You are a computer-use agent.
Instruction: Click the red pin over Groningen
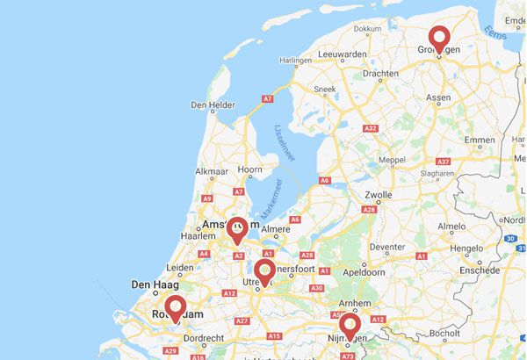439,39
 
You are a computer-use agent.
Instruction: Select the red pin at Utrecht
265,271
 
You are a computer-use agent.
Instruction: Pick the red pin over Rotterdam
176,308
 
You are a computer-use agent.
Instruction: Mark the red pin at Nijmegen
351,327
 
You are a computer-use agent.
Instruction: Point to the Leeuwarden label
343,54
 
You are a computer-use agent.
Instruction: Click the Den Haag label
155,284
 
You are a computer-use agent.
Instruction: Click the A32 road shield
371,129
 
